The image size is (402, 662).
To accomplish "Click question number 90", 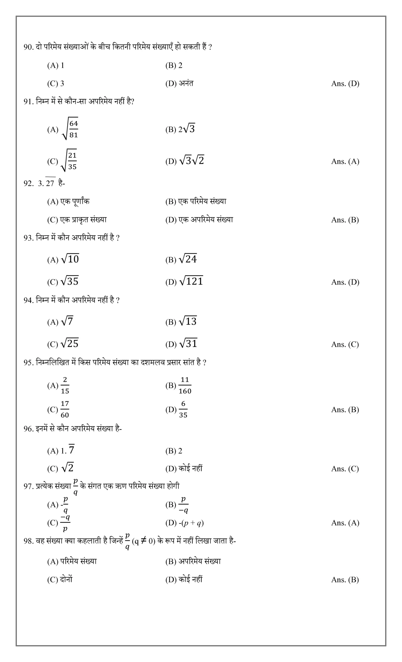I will pos(28,47).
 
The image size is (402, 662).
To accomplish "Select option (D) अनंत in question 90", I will pos(179,83).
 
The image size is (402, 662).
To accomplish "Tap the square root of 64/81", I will pos(70,129).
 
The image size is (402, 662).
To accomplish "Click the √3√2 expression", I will pos(192,161).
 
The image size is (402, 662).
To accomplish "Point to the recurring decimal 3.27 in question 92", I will pos(47,183).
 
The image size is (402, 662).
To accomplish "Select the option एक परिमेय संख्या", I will pos(202,201).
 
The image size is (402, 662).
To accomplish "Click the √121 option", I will pos(191,281).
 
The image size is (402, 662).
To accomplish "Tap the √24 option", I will pos(188,259).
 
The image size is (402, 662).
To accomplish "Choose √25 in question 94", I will pos(69,343).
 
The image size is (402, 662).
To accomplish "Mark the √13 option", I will pos(188,321).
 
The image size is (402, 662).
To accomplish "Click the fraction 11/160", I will pos(185,385).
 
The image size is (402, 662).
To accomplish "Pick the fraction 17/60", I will pos(65,409).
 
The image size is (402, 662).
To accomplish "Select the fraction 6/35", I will pos(183,409).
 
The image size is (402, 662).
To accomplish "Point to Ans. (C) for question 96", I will pos(345,469).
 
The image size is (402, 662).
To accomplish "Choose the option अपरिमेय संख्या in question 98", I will pos(199,561).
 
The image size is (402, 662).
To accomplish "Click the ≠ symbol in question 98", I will pos(144,540).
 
